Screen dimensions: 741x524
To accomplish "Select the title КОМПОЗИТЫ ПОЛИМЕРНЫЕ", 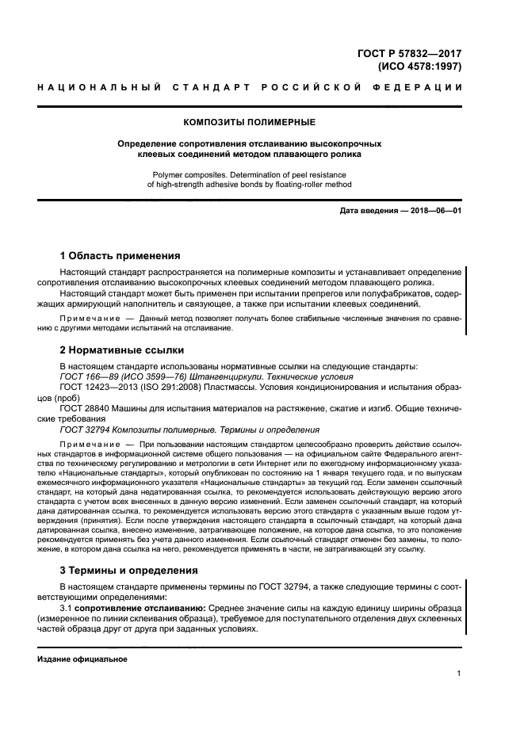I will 249,122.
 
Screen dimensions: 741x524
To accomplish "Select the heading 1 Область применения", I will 120,256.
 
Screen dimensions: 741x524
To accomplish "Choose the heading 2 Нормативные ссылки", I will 122,349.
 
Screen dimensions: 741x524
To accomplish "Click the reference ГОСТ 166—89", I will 88,377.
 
